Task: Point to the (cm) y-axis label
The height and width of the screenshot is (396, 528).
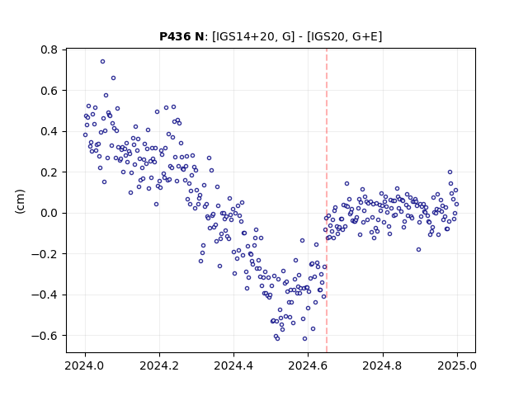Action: tap(20, 201)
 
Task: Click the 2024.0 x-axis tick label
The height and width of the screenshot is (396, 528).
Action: tap(85, 365)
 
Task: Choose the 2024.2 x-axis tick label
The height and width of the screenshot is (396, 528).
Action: tap(159, 365)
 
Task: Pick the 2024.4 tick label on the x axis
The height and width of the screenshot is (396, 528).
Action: tap(233, 365)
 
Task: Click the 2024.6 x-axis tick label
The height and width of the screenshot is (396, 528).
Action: tap(308, 365)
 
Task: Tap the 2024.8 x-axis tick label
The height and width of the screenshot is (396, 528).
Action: tap(383, 365)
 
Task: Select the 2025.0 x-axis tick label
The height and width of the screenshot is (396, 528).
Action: tap(457, 365)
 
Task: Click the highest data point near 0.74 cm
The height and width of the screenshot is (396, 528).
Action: tap(102, 62)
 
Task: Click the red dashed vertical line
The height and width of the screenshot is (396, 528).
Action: tap(327, 200)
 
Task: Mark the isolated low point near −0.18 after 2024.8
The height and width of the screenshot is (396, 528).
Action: tap(418, 249)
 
